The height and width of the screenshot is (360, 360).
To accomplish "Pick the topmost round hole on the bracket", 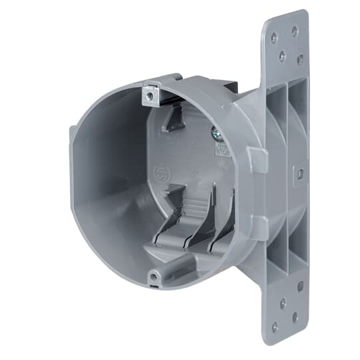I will (x=294, y=31).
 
